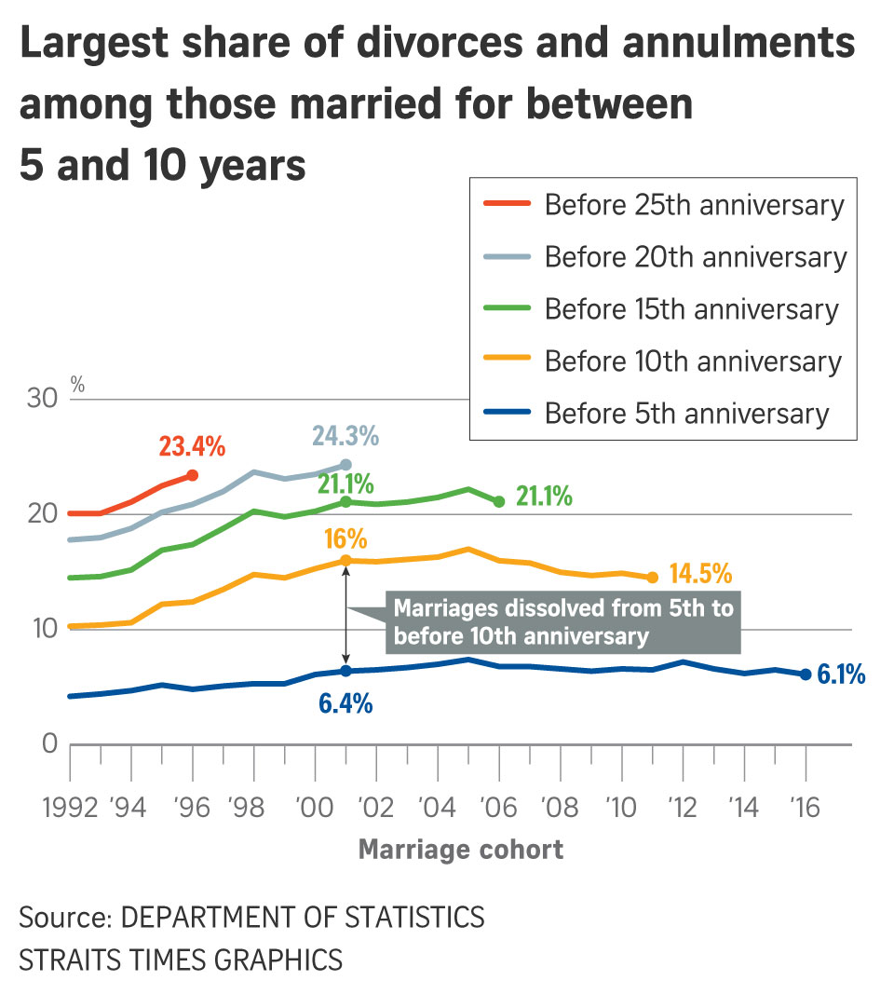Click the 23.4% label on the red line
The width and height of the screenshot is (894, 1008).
tap(192, 446)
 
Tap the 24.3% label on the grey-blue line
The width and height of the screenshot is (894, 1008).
tap(345, 435)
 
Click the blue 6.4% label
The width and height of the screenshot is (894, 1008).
tap(345, 704)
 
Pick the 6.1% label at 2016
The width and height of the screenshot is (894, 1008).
tap(841, 674)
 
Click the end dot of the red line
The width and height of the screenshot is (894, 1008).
tap(193, 475)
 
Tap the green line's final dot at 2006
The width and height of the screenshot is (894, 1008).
tap(499, 501)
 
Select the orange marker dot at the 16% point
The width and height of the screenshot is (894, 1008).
tap(345, 561)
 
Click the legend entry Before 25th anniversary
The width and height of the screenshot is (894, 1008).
tap(694, 204)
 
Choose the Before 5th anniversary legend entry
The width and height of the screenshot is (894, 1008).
tap(686, 413)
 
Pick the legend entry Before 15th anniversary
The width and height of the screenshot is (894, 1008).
tap(692, 308)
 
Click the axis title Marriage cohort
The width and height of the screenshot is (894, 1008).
tap(461, 850)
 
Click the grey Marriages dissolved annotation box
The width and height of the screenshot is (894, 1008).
tap(562, 622)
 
